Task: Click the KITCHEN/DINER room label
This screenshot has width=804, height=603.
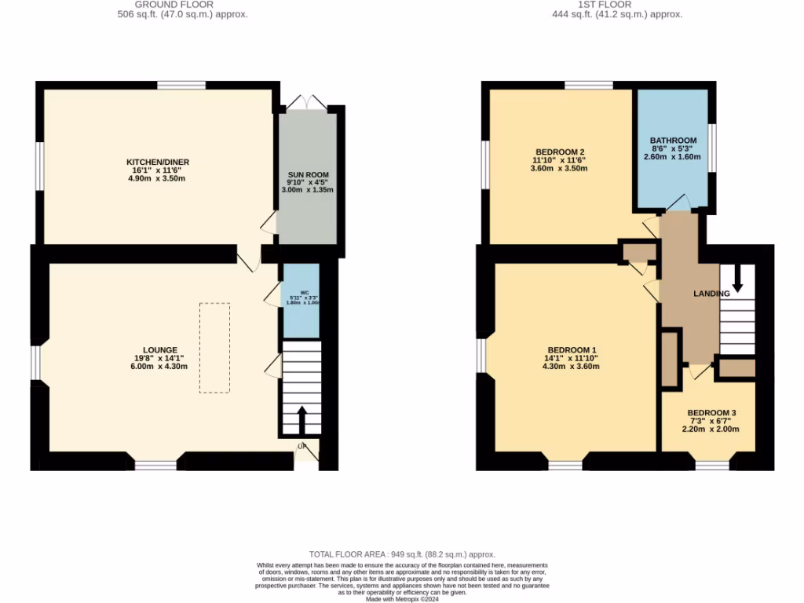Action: [x=158, y=162]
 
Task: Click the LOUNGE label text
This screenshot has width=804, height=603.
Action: [x=159, y=350]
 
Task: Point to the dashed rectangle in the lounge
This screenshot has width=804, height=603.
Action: [x=214, y=347]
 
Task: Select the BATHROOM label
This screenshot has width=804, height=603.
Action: [x=673, y=141]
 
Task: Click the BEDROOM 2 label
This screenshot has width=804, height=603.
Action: [x=559, y=152]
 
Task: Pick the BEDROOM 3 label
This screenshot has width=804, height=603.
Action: [x=711, y=413]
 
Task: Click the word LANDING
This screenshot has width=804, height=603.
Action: [x=711, y=294]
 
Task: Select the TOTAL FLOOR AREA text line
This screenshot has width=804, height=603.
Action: [x=402, y=554]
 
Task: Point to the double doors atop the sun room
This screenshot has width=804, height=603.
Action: [x=307, y=102]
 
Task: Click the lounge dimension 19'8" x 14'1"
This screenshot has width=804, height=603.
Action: [x=159, y=358]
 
